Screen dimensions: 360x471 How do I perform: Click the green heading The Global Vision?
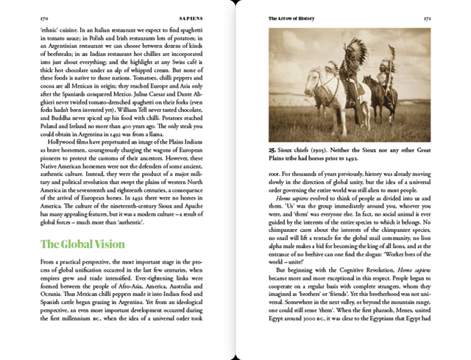pos(82,244)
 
